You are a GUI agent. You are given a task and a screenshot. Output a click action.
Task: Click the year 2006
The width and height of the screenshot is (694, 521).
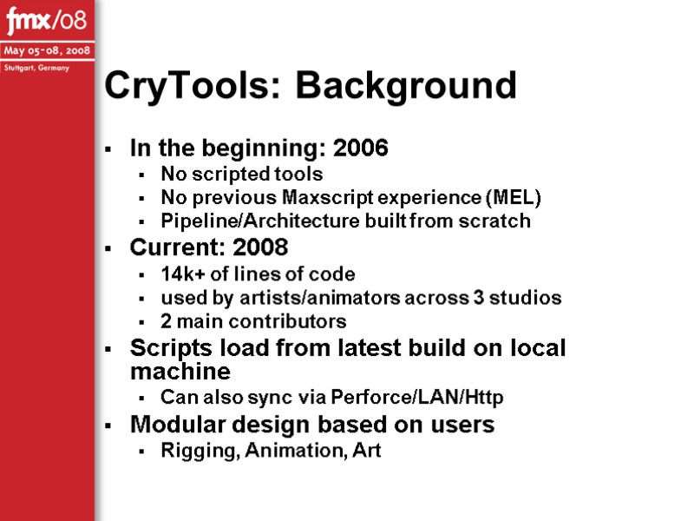pos(361,148)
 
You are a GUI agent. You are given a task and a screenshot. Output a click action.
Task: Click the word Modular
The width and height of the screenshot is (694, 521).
pos(170,425)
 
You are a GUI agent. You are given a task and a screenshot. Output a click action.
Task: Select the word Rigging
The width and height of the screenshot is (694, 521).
pos(193,451)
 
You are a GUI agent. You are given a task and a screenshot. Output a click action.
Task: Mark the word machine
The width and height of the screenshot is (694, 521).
pos(180,373)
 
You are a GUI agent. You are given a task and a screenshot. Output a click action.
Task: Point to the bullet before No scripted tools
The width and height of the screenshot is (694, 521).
pos(141,175)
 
